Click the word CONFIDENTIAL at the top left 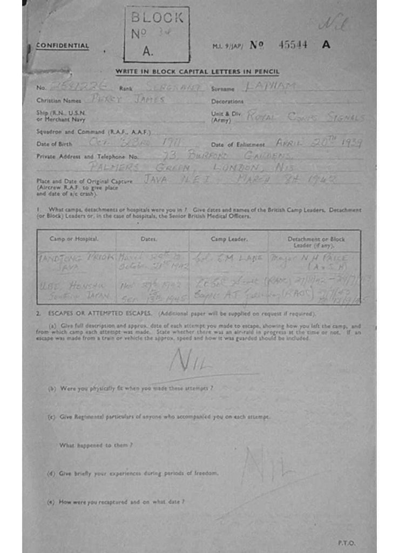pos(62,46)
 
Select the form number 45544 pos(293,45)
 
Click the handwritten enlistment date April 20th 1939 pos(318,143)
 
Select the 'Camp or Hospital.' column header pos(74,239)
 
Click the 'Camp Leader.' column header pos(229,239)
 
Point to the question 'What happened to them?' pos(96,445)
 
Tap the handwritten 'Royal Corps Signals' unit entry pos(305,116)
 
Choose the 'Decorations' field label pos(227,102)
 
